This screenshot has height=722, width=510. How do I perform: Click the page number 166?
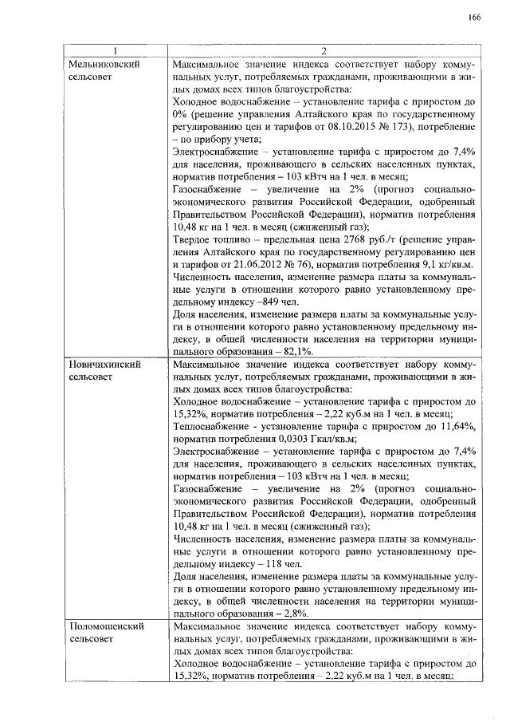pos(474,18)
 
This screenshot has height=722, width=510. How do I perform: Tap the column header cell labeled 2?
pos(324,50)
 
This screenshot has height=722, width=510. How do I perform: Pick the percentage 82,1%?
pos(296,352)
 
